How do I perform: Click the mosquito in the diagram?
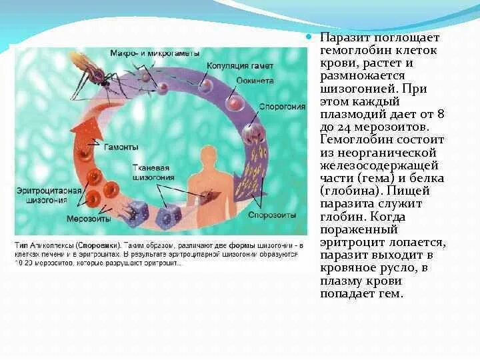[87, 73]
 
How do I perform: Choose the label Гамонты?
[122, 147]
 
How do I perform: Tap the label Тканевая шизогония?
[154, 173]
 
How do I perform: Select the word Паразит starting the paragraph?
[341, 38]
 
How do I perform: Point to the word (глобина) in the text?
[347, 191]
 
